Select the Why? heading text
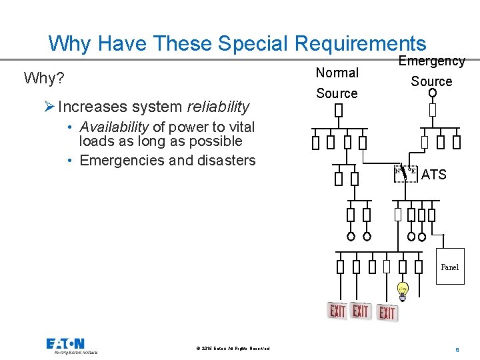point(44,78)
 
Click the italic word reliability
point(218,106)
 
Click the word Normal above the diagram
point(337,72)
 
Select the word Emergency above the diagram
point(431,61)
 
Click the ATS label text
point(434,175)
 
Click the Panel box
point(450,266)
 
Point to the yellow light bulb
point(403,290)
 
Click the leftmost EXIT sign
point(338,311)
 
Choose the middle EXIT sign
point(361,311)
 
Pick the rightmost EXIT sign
point(386,312)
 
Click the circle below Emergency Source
point(432,93)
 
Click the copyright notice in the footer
point(233,349)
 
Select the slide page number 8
point(458,349)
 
